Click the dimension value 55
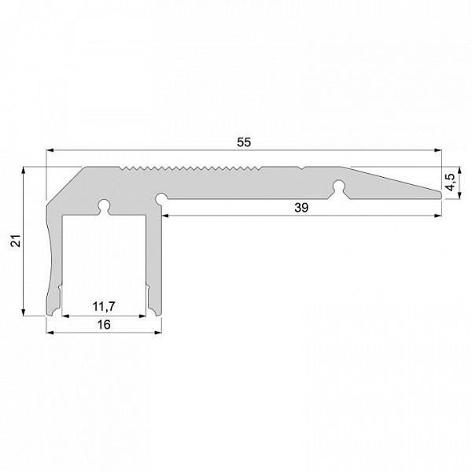click(x=244, y=142)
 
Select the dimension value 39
click(x=301, y=208)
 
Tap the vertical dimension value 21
click(x=16, y=241)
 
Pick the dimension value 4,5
click(x=451, y=183)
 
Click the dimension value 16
click(x=104, y=324)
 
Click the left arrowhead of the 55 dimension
click(x=50, y=150)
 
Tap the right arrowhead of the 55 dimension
click(x=437, y=150)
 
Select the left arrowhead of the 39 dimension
click(x=166, y=216)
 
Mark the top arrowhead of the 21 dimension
click(x=23, y=171)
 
